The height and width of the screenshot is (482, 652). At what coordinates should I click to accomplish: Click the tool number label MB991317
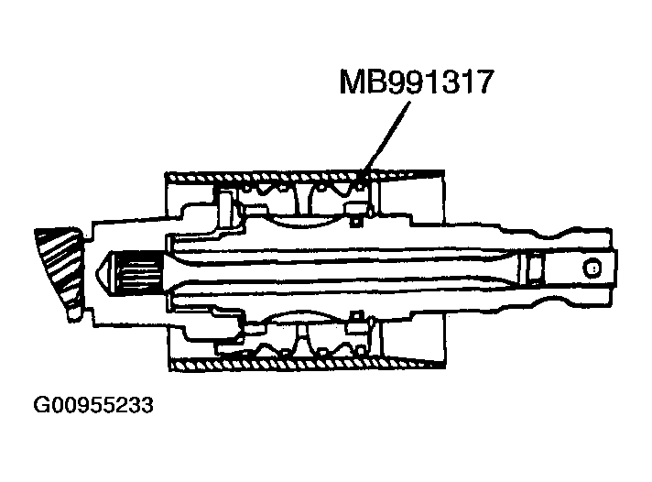pos(418,83)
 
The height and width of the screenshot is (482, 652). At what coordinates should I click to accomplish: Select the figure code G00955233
pos(93,404)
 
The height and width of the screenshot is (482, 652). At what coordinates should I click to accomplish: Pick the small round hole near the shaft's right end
pos(592,268)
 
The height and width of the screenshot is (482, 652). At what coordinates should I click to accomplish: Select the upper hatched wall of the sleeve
pos(302,173)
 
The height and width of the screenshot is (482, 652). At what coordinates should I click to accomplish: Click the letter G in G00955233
pos(42,404)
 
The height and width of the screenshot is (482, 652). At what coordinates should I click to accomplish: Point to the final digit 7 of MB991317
pos(485,83)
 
